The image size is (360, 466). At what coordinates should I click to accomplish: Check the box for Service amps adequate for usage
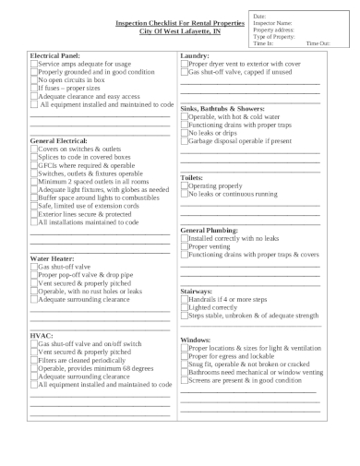pos(34,65)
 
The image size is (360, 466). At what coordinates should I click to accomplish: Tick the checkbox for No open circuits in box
pos(34,80)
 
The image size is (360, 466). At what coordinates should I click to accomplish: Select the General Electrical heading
pos(59,141)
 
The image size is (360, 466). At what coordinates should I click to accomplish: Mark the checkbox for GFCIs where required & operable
pos(34,164)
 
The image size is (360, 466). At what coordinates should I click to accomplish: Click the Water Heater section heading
pos(52,259)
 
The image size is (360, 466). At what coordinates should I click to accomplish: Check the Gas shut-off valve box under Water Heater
pos(34,267)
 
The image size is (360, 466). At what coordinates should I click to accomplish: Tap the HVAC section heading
pos(42,335)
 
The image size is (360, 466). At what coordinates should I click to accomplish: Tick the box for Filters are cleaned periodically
pos(34,360)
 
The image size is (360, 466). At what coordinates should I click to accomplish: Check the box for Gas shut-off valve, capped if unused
pos(185,72)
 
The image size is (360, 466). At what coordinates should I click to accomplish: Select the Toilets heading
pos(192,177)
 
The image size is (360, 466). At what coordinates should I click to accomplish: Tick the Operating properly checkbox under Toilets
pos(185,185)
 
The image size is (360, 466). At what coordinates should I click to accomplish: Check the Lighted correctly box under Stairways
pos(185,307)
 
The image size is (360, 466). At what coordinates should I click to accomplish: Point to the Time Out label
pos(318,43)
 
